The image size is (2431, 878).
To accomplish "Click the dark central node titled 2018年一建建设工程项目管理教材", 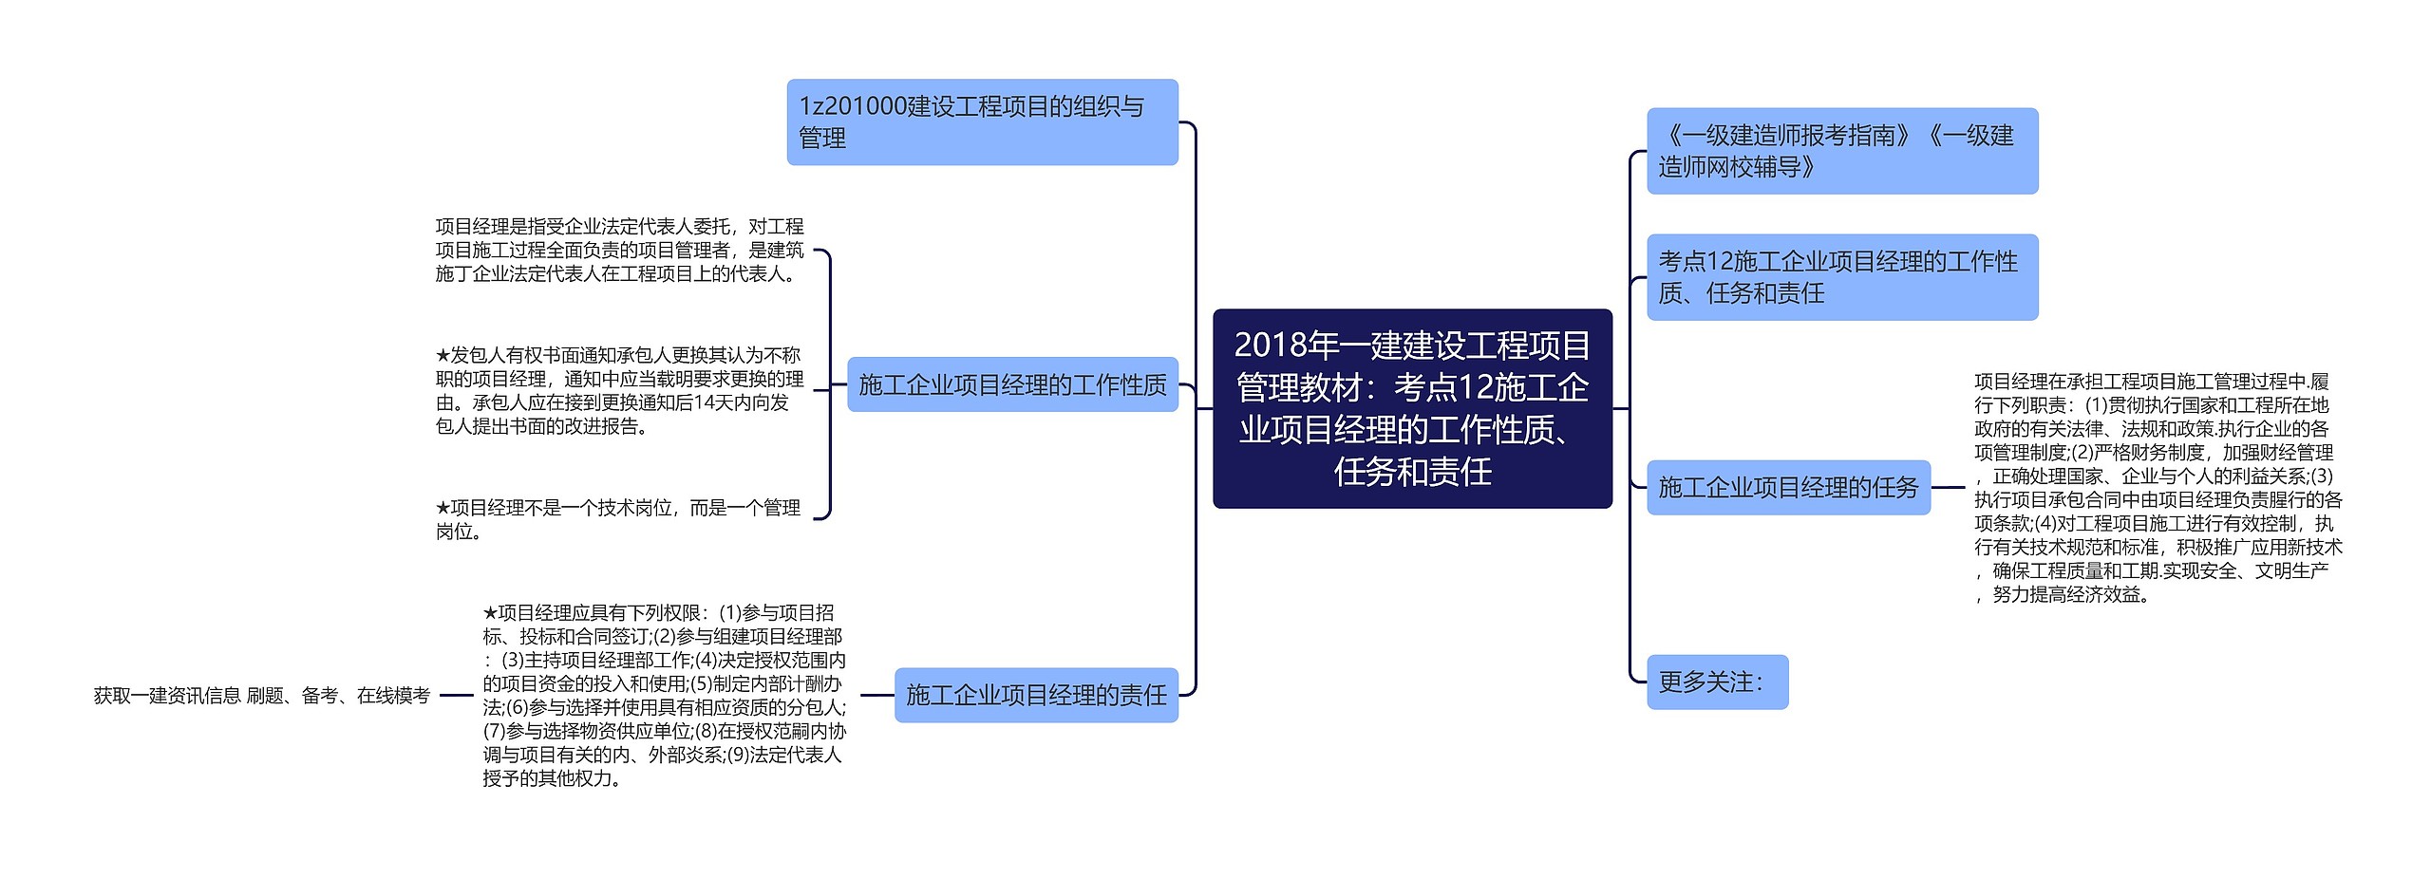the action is pyautogui.click(x=1412, y=408).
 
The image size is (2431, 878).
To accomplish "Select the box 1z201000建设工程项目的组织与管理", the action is pyautogui.click(x=982, y=122).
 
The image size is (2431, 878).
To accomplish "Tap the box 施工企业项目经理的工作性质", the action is pyautogui.click(x=1012, y=384).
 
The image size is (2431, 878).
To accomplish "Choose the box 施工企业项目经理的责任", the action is pyautogui.click(x=1036, y=695).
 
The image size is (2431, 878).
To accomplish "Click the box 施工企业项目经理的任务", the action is pyautogui.click(x=1788, y=488).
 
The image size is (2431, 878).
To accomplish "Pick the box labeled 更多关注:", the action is pyautogui.click(x=1717, y=682).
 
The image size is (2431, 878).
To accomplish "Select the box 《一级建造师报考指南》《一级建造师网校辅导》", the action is pyautogui.click(x=1841, y=151).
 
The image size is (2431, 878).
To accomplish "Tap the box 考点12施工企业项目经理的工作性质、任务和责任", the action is pyautogui.click(x=1841, y=277).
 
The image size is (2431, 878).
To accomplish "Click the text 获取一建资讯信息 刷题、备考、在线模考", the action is pyautogui.click(x=261, y=696).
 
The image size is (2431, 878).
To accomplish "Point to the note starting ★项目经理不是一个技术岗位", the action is pyautogui.click(x=618, y=519).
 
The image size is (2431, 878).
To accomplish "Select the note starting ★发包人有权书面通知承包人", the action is pyautogui.click(x=618, y=390).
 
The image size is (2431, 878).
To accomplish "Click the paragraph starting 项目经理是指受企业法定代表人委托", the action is pyautogui.click(x=619, y=250).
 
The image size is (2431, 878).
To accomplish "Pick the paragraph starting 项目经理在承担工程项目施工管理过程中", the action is pyautogui.click(x=2158, y=488).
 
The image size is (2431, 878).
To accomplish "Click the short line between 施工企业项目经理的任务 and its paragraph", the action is pyautogui.click(x=1949, y=488).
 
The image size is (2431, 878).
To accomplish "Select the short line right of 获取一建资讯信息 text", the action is pyautogui.click(x=456, y=696).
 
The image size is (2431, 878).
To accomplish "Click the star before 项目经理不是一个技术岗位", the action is pyautogui.click(x=443, y=508).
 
